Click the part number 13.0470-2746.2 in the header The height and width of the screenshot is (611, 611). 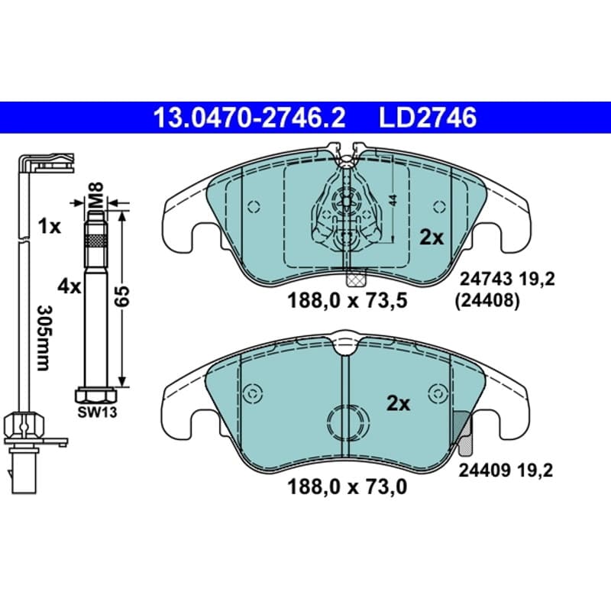(x=250, y=118)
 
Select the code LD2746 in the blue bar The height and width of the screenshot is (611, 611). (x=428, y=118)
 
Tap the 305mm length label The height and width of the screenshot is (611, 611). (x=43, y=338)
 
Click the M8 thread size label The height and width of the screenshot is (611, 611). (x=96, y=195)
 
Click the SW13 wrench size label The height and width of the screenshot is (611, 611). (x=97, y=412)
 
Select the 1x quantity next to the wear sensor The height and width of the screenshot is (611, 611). (x=50, y=226)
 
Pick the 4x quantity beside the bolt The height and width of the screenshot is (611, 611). (x=70, y=287)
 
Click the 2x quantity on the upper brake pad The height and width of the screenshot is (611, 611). (x=432, y=237)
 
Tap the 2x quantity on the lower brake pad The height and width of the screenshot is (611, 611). (x=398, y=404)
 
